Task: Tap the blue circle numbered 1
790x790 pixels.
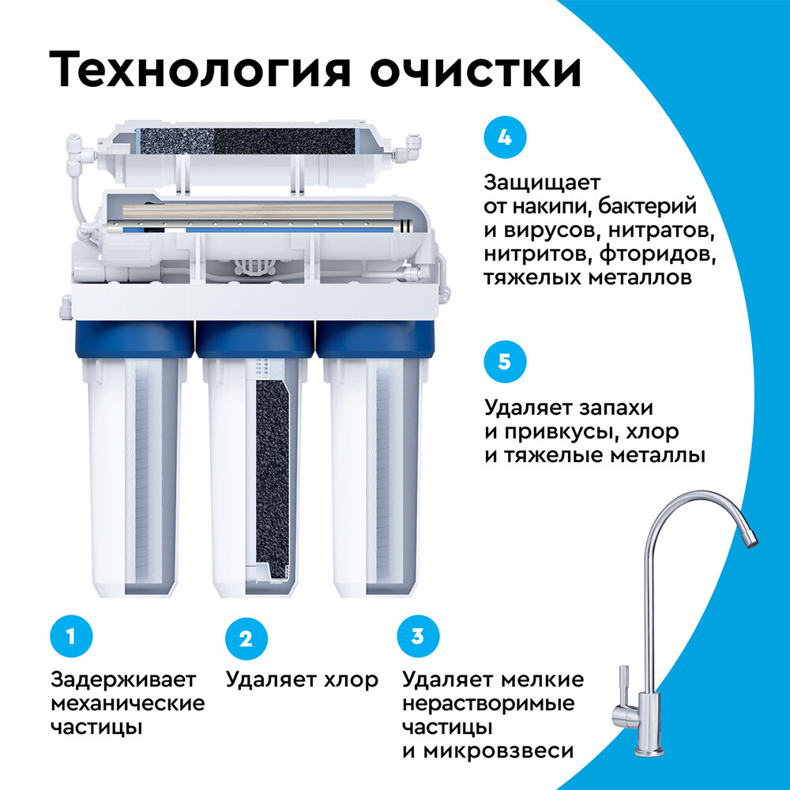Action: tap(71, 636)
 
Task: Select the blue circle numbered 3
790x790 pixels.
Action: tap(418, 636)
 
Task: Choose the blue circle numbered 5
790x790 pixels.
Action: tap(504, 363)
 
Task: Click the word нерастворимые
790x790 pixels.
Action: tap(488, 703)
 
